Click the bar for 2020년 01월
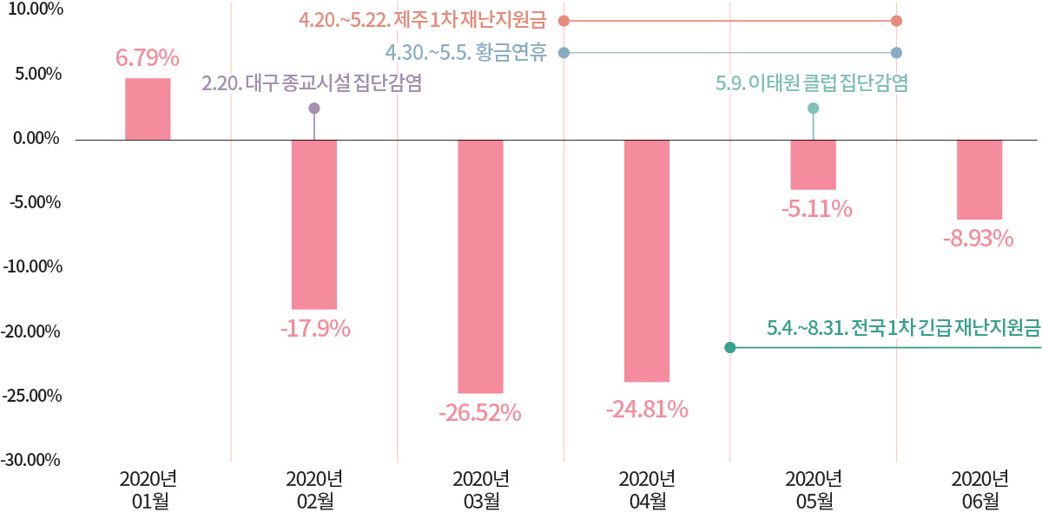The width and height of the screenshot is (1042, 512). tap(148, 108)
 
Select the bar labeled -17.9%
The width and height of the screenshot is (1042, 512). tap(313, 224)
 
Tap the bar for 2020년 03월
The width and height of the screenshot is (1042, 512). tap(480, 266)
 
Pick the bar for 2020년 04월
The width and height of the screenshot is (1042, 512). tap(647, 260)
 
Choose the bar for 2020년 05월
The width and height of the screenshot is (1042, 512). tap(813, 164)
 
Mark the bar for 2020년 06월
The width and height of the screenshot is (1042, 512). tap(979, 179)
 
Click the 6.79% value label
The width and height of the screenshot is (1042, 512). tap(148, 59)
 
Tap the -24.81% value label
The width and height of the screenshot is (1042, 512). tap(647, 409)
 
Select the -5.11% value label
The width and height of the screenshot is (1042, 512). tap(814, 209)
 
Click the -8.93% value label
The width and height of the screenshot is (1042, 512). tap(979, 239)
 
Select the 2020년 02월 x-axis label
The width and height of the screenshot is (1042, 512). tap(314, 489)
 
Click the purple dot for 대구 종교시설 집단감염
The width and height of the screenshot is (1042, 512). tap(314, 108)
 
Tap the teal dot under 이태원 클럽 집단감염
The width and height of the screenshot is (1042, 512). tap(813, 108)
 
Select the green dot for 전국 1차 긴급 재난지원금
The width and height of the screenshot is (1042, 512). tap(730, 348)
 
